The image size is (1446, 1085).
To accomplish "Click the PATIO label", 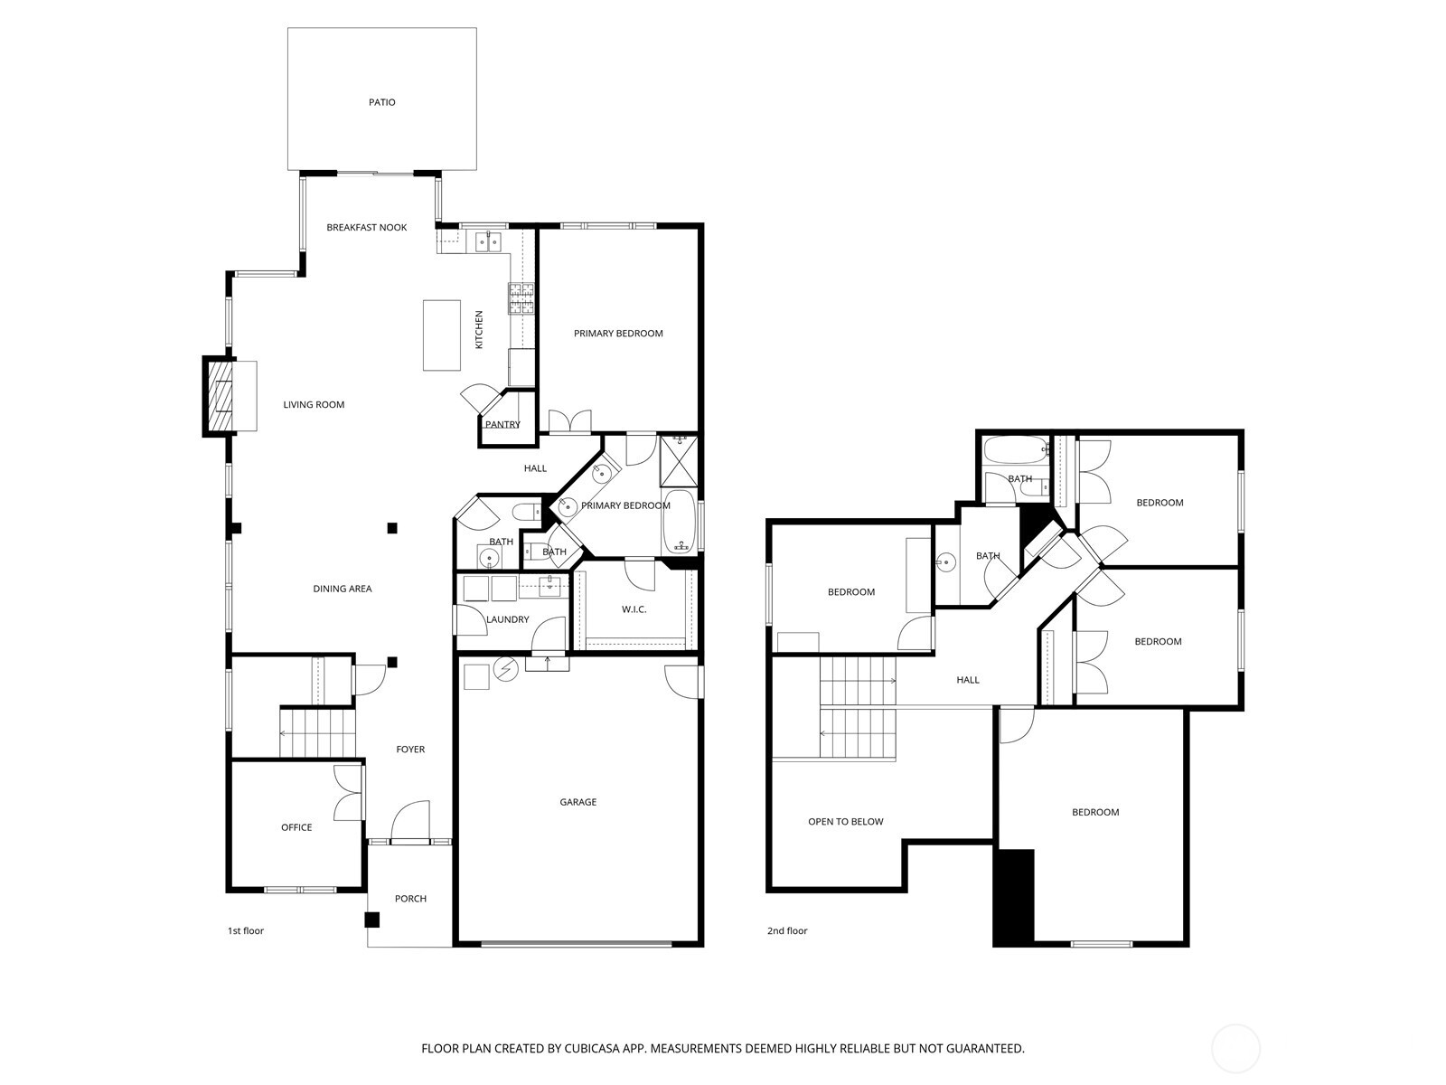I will click(381, 102).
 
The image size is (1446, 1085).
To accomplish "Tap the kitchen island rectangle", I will click(441, 335).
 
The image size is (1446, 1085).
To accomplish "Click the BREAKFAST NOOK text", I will click(366, 227).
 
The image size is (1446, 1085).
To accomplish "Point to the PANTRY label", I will click(502, 424).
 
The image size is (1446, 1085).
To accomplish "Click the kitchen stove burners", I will click(521, 299).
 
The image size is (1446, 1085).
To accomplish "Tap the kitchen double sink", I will click(489, 241).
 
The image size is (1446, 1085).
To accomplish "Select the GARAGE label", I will click(577, 802).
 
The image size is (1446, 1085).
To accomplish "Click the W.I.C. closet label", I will click(634, 609).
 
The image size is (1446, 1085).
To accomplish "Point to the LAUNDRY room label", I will click(507, 619).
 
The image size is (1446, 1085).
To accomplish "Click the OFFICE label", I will click(296, 827).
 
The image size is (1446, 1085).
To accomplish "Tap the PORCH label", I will click(410, 899).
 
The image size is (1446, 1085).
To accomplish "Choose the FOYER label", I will click(410, 750).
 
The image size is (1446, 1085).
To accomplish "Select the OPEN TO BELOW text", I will click(845, 822).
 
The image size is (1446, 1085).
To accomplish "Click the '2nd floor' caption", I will click(787, 930).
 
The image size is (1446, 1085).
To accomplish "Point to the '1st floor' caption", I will click(245, 930).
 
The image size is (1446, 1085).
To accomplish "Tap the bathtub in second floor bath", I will click(1015, 449).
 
